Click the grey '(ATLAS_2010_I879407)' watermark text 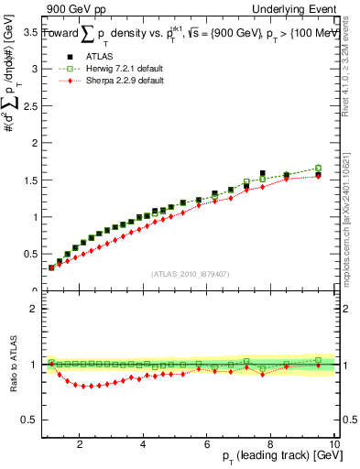pyautogui.click(x=190, y=274)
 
